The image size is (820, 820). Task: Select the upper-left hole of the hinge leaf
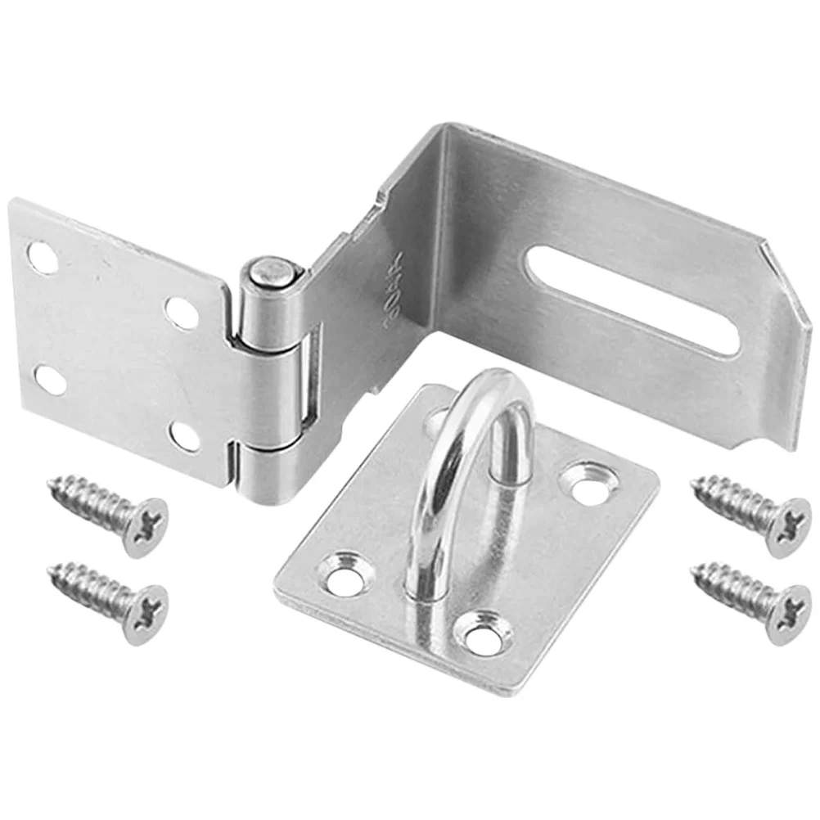point(43,257)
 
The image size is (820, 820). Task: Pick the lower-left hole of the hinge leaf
point(50,378)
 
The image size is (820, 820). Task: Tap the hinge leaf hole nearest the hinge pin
point(181,312)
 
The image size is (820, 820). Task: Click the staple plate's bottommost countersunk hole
point(483,633)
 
